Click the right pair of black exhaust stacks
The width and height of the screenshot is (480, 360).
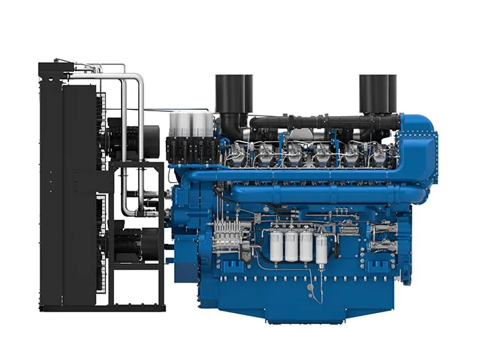(377, 93)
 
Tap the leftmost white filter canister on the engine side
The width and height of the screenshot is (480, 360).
(276, 247)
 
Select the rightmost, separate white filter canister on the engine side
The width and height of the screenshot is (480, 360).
(322, 250)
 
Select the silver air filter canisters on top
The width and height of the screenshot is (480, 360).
(191, 124)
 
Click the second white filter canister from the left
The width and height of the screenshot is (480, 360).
(291, 247)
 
